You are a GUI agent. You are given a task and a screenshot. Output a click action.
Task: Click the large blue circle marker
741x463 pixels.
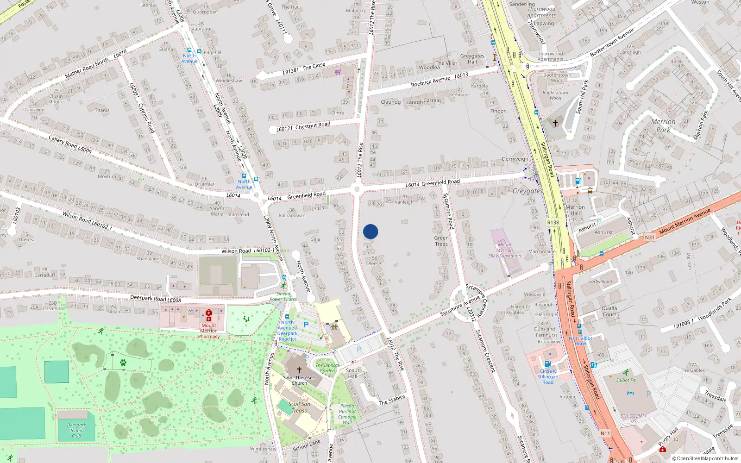(370, 231)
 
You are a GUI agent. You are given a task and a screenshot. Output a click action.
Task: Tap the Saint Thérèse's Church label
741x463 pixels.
(299, 380)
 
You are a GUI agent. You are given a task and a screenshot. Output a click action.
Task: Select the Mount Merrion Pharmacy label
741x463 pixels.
(209, 331)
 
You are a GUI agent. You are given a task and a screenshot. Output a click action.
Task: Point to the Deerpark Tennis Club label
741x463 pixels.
(76, 430)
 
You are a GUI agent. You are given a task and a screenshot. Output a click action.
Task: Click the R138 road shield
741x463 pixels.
(553, 222)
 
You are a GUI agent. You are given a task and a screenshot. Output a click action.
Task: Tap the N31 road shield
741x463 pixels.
(649, 238)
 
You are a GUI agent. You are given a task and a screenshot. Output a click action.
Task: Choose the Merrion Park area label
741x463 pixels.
(663, 125)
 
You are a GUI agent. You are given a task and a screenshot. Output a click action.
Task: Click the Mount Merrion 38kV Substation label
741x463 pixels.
(504, 250)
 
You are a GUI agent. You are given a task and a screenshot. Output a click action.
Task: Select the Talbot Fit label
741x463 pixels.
(626, 380)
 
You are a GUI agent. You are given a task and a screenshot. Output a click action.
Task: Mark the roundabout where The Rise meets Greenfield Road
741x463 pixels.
(357, 189)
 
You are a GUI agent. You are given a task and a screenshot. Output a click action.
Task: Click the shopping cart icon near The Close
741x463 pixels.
(338, 72)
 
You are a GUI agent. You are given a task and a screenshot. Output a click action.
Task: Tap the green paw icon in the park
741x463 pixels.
(123, 363)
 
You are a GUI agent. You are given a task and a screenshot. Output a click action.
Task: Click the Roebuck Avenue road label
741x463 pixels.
(430, 81)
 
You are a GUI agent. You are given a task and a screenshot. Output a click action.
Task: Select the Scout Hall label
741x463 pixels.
(352, 373)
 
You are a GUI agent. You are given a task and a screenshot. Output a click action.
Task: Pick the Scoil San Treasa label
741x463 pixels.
(299, 407)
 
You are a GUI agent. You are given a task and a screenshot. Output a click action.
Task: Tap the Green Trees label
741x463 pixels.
(441, 241)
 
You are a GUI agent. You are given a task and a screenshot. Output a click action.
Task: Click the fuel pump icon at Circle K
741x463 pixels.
(547, 364)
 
